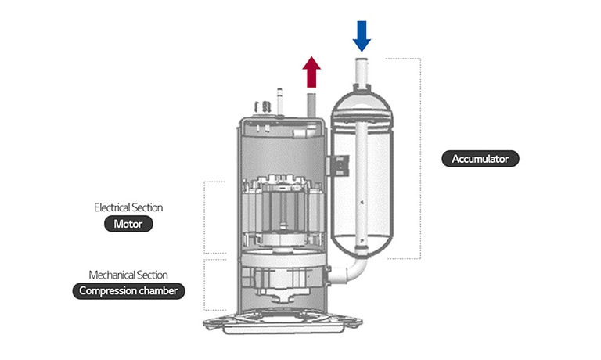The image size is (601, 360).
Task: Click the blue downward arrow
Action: pos(362,34)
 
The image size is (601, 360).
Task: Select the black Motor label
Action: pos(128,224)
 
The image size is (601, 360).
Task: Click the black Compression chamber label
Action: pos(128,291)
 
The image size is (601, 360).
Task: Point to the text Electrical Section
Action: pos(128,207)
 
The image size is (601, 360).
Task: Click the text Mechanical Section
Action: pos(128,275)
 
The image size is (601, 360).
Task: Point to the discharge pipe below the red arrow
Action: pos(311,103)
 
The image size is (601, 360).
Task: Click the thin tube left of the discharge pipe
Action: pos(279,99)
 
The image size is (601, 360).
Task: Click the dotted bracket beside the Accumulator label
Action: pos(421,157)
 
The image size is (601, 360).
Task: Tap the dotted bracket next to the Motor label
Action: pos(206,217)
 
